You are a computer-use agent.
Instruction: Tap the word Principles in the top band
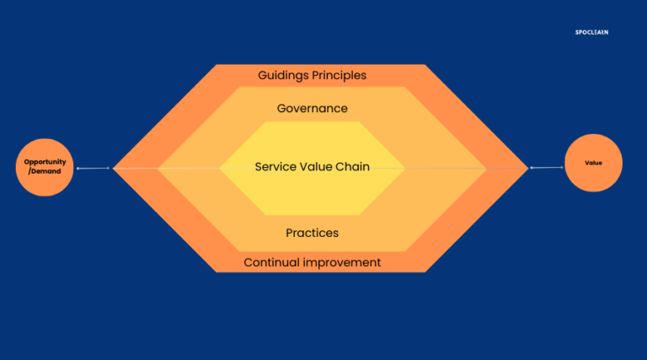pos(340,75)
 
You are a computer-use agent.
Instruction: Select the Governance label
pos(312,109)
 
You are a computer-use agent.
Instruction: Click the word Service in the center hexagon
pos(275,167)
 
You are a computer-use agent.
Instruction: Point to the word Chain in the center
pos(353,167)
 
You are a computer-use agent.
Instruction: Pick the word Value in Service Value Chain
pos(317,167)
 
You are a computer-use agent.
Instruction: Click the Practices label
pos(312,233)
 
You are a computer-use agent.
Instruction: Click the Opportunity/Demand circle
pos(45,165)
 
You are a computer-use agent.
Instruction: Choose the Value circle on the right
pos(593,162)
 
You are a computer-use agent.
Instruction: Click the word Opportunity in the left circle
pos(45,161)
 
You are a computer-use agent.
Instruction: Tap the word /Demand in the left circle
pos(45,170)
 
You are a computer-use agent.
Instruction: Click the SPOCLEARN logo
pos(591,32)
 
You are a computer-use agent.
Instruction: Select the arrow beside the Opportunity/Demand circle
pos(93,169)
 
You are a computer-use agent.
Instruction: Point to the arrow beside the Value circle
pos(547,168)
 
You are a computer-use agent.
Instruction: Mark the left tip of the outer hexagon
pos(114,168)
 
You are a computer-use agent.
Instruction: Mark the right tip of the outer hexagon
pos(528,168)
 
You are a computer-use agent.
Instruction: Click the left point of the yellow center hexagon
pos(221,168)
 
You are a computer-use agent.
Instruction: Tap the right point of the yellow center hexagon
pos(404,168)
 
